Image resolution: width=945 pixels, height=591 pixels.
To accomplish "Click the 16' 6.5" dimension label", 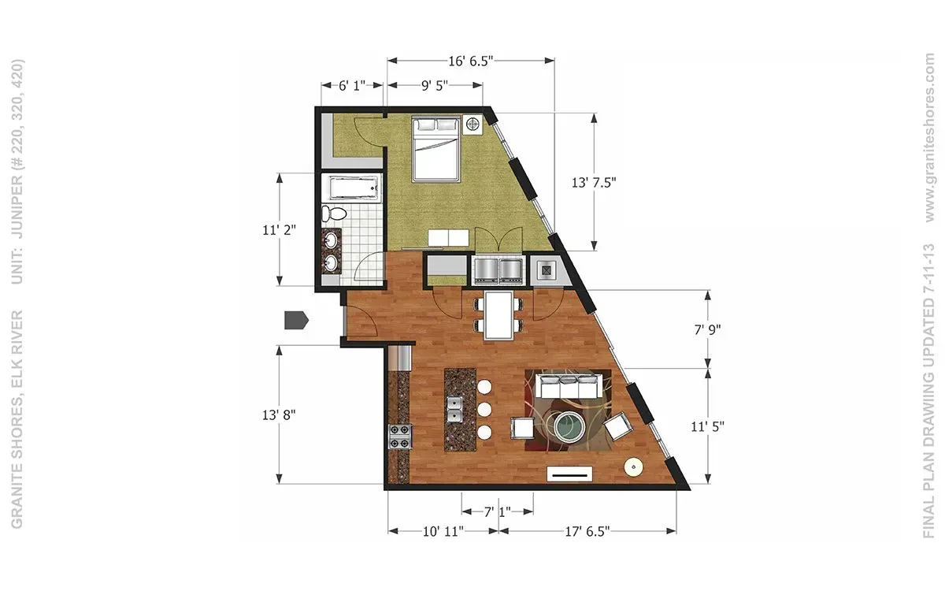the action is [470, 61].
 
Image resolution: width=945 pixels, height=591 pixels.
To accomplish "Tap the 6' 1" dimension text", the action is [352, 86].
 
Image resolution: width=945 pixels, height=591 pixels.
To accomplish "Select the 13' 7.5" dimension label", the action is [594, 183].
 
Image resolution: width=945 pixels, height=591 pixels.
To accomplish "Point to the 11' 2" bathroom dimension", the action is [280, 230].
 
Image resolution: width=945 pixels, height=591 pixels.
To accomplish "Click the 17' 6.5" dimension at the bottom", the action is [587, 531].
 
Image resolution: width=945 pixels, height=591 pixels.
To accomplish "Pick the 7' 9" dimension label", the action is [707, 329].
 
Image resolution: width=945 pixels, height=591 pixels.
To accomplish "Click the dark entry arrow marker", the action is [297, 321].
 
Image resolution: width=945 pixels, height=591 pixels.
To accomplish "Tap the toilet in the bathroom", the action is [334, 214].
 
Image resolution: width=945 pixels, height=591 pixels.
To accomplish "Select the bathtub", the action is [354, 188].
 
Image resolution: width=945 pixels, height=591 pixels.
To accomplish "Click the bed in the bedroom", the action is [435, 149].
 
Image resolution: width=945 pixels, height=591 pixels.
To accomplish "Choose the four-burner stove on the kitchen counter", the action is [400, 437].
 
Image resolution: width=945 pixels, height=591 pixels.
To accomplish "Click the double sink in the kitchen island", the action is [454, 410].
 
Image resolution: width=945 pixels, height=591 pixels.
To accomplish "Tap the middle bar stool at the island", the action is [484, 409].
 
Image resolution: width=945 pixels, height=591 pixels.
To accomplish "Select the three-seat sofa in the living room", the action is [569, 385].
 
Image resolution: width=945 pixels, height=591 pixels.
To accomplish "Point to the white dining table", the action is [499, 315].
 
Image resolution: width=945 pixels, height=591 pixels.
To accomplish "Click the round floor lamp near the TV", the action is [634, 467].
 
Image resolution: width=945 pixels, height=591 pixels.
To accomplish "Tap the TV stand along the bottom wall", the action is [569, 474].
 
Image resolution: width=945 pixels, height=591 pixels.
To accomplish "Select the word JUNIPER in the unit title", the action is [17, 206].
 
